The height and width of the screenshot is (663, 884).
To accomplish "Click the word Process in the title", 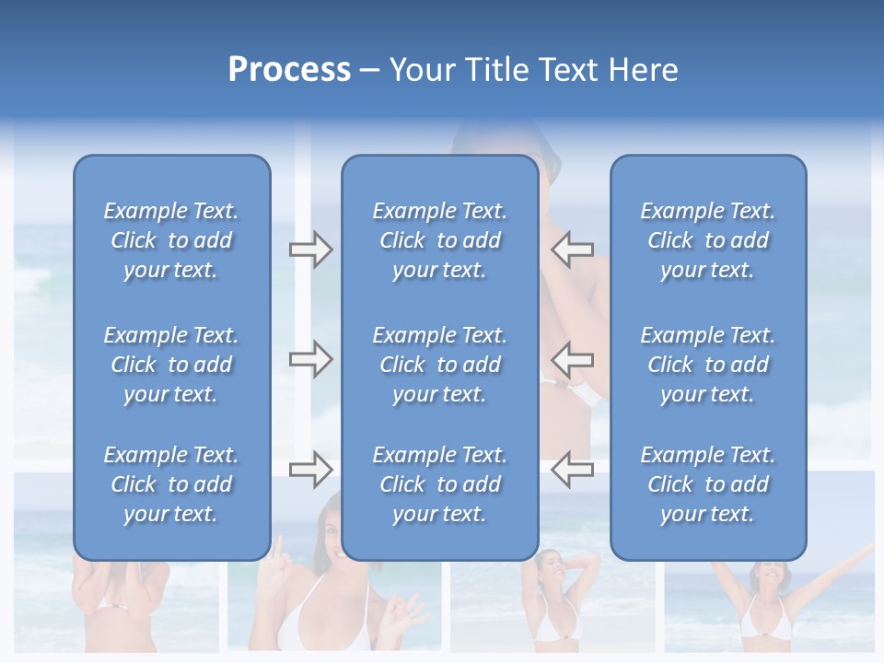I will tap(289, 70).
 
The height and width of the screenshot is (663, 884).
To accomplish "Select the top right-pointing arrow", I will tap(310, 250).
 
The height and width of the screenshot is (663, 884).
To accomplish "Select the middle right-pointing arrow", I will tap(310, 359).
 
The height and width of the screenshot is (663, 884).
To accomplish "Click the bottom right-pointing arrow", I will tap(310, 470).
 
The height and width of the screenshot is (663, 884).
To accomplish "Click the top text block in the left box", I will tap(171, 240).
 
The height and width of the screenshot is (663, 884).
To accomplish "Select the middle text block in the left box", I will tap(171, 365).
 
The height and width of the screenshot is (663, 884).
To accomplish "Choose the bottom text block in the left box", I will tap(171, 484).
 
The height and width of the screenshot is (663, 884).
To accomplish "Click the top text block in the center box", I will tap(439, 240).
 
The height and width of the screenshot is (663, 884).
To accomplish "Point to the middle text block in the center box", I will tap(439, 365).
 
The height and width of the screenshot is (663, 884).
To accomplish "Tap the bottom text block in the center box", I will tap(439, 484).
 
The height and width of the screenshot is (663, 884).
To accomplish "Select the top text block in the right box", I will tap(707, 240).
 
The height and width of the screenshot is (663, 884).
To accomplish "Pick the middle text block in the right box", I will tap(707, 365).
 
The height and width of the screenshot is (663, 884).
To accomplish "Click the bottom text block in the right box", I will tap(707, 484).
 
